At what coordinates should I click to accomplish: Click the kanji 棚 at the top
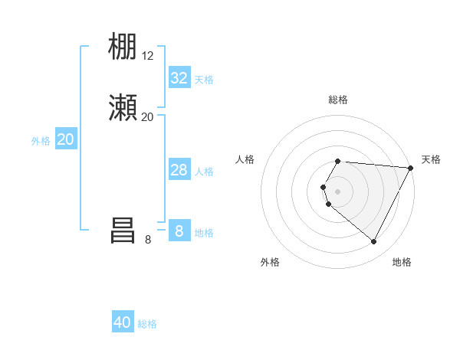click(123, 47)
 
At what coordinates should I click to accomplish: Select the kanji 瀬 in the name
click(123, 108)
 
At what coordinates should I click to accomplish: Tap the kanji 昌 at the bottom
click(123, 231)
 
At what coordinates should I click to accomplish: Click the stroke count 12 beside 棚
click(148, 56)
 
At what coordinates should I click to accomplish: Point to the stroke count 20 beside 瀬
click(148, 116)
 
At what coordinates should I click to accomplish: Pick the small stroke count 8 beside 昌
click(148, 239)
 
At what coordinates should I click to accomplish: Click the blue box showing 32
click(179, 78)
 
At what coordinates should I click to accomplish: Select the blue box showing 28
click(179, 170)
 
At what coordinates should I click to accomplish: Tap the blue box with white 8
click(179, 231)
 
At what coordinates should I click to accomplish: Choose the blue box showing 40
click(123, 322)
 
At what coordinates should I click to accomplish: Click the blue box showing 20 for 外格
click(66, 139)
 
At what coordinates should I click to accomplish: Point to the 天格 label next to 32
click(204, 79)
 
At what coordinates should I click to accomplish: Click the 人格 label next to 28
click(204, 171)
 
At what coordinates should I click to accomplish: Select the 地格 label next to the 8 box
click(204, 232)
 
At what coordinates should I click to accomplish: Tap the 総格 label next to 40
click(147, 323)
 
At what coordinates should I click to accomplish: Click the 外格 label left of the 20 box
click(41, 140)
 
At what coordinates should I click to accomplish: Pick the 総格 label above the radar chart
click(338, 100)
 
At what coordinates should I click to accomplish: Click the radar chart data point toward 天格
click(412, 169)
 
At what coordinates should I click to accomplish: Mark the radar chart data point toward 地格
click(374, 242)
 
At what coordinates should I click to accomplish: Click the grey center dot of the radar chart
click(338, 191)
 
